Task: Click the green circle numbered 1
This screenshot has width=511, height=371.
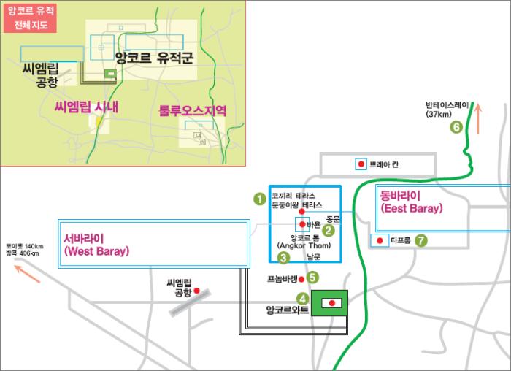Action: pyautogui.click(x=258, y=198)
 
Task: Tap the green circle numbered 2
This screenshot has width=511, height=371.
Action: pyautogui.click(x=328, y=231)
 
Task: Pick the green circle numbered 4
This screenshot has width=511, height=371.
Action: pyautogui.click(x=302, y=297)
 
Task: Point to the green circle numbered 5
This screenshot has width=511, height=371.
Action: pyautogui.click(x=312, y=277)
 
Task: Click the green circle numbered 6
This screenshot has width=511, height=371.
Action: pyautogui.click(x=457, y=127)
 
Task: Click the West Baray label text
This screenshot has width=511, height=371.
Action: pyautogui.click(x=96, y=245)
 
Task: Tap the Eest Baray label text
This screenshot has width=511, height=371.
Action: pyautogui.click(x=411, y=202)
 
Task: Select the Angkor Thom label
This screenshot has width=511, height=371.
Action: pyautogui.click(x=305, y=242)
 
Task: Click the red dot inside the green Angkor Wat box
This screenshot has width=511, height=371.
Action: pyautogui.click(x=332, y=302)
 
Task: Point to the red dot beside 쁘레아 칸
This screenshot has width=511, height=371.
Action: pyautogui.click(x=360, y=164)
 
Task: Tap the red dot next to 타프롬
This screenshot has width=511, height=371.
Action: pyautogui.click(x=380, y=240)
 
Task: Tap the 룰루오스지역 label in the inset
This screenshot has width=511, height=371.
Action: pyautogui.click(x=192, y=110)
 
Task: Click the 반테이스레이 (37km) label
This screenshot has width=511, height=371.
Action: pyautogui.click(x=447, y=109)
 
